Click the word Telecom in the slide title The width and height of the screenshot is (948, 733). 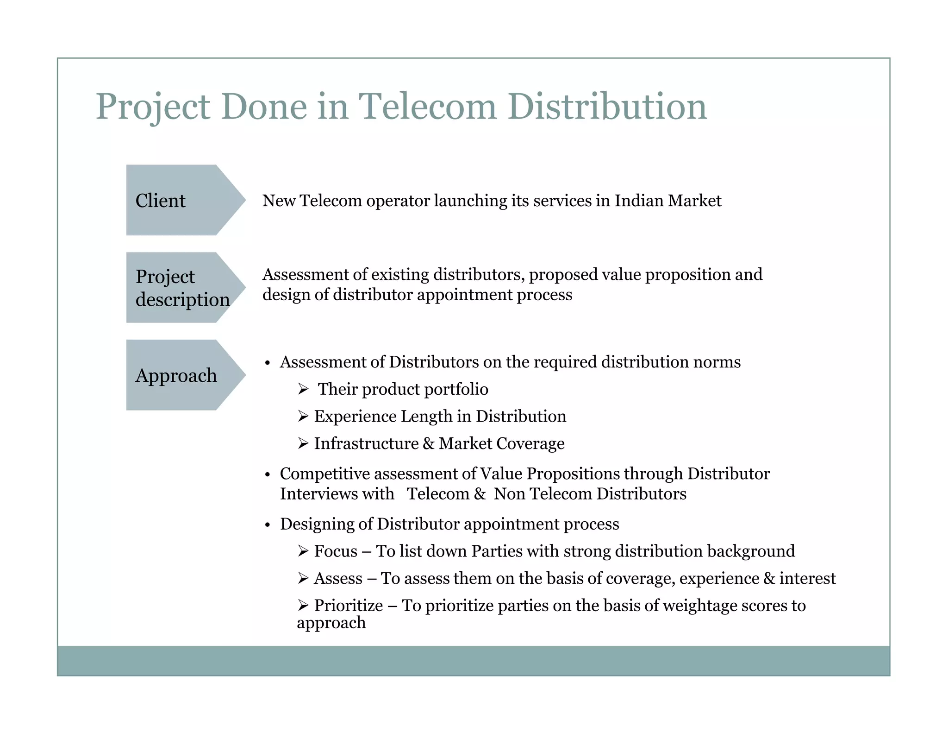(x=427, y=107)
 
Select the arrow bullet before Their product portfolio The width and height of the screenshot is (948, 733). (x=303, y=389)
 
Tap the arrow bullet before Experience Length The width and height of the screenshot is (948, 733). (x=303, y=417)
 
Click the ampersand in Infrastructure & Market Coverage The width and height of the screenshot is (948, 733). (x=428, y=443)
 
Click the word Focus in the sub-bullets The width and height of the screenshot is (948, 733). (x=336, y=551)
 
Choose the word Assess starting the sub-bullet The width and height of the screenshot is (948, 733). (x=338, y=578)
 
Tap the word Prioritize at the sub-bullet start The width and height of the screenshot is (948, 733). (x=348, y=606)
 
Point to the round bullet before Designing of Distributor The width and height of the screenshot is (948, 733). (x=268, y=525)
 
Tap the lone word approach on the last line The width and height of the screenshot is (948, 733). (x=331, y=623)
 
